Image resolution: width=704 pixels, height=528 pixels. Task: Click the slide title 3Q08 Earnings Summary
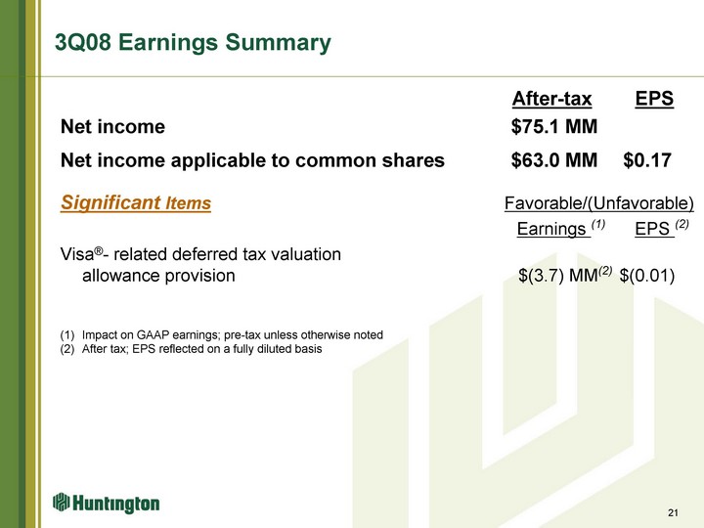pos(193,43)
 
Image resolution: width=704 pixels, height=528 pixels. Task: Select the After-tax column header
pos(551,99)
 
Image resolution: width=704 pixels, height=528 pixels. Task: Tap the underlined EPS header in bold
pos(654,99)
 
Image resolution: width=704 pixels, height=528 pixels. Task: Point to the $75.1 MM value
pos(554,126)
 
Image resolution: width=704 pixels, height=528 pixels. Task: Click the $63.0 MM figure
pos(554,160)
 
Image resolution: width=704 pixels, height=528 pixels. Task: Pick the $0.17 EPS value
pos(647,160)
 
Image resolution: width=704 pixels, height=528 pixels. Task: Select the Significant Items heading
pos(136,203)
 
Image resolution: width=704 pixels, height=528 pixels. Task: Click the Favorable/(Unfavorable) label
pos(599,203)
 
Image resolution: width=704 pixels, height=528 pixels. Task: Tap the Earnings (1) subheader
pos(561,228)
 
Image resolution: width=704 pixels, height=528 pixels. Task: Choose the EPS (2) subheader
pos(662,228)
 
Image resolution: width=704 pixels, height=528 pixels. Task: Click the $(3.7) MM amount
pos(565,275)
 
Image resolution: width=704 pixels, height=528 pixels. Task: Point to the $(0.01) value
pos(647,275)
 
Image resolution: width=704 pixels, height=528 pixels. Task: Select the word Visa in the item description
pos(77,254)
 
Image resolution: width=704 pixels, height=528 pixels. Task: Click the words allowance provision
pos(158,276)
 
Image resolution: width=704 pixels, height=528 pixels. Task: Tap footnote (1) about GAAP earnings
pos(221,335)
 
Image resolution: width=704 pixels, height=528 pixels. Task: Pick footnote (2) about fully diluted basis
pos(191,349)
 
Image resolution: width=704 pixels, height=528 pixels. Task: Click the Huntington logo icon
pos(61,502)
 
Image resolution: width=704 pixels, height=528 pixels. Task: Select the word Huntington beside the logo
pos(115,504)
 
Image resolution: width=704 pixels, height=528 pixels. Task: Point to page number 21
pos(673,512)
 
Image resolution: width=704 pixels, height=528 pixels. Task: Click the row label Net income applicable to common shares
pos(252,160)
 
